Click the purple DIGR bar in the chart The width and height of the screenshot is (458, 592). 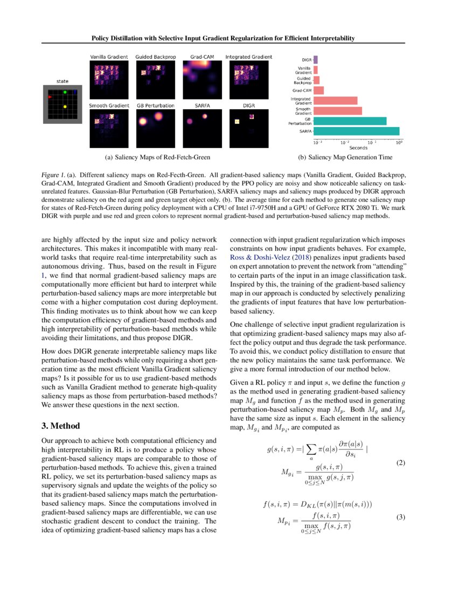315,60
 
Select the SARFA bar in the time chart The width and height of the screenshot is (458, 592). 356,131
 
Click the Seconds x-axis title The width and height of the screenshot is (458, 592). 358,148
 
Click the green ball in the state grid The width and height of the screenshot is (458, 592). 65,92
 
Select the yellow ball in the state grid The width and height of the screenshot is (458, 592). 65,107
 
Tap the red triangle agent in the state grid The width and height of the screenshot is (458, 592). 50,97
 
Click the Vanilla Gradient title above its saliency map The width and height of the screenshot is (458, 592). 108,57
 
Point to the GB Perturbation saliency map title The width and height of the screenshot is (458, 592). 155,105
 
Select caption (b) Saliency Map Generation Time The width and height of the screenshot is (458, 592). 345,157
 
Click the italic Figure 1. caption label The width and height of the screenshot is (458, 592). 53,175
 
